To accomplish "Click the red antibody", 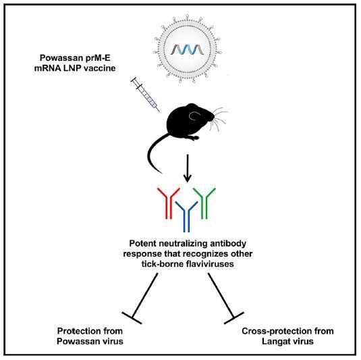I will pos(165,203).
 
